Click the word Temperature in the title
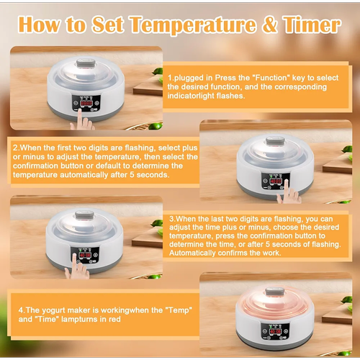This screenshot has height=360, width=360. [194, 25]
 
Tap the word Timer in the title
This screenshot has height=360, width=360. [312, 24]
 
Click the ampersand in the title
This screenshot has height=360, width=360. [269, 24]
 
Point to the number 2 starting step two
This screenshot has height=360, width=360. [15, 148]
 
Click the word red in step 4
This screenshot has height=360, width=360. [114, 320]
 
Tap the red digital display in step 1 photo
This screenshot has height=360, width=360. [86, 104]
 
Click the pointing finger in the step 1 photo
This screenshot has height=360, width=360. [80, 120]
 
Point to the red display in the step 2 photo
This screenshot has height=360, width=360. [276, 181]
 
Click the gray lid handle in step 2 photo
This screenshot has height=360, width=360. [275, 141]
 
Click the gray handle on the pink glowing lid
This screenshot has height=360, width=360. [275, 292]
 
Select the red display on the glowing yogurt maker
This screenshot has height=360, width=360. [275, 332]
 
